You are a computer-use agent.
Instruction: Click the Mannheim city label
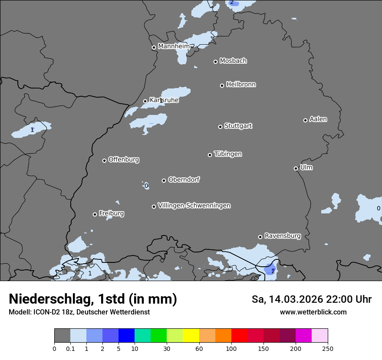tap(174, 46)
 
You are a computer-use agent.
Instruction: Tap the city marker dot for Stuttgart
tap(220, 127)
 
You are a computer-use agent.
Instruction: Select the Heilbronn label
tap(241, 84)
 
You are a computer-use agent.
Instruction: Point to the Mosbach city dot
tap(215, 62)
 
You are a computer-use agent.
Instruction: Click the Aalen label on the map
tap(318, 119)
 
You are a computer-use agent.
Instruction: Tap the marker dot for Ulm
tap(296, 168)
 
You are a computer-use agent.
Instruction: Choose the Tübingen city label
tap(228, 154)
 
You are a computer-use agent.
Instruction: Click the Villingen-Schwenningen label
tap(194, 205)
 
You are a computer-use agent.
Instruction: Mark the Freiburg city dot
tap(95, 214)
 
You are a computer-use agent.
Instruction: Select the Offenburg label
tap(124, 159)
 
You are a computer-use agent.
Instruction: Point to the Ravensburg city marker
tap(260, 237)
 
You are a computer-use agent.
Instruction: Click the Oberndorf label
tap(184, 179)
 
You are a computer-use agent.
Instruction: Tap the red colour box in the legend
tap(239, 336)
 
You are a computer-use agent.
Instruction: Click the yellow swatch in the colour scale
tap(191, 336)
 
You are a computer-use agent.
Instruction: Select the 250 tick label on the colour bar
tap(328, 348)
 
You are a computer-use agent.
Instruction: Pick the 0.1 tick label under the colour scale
tap(70, 348)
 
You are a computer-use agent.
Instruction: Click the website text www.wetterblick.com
tap(313, 312)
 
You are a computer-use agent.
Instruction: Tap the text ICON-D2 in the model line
tap(46, 312)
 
